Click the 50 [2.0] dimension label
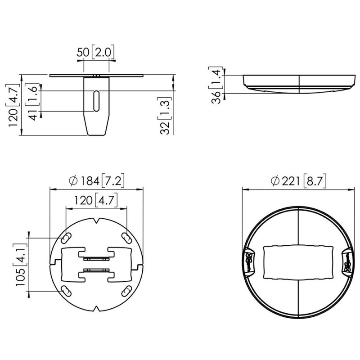click(x=95, y=52)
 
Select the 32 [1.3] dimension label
click(x=165, y=116)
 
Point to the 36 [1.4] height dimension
click(x=216, y=85)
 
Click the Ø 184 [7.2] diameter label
click(x=97, y=180)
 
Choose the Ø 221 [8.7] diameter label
click(x=298, y=181)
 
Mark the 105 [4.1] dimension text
click(x=21, y=265)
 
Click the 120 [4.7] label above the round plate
click(x=96, y=200)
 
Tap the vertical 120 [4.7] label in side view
click(x=13, y=105)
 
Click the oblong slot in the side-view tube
click(x=96, y=101)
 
